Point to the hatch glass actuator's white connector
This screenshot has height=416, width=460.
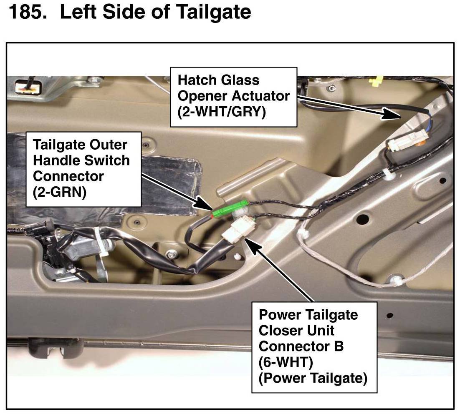click(x=407, y=141)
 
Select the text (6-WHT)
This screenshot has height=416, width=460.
click(x=286, y=362)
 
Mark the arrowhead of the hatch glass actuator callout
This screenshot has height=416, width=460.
click(x=392, y=115)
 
